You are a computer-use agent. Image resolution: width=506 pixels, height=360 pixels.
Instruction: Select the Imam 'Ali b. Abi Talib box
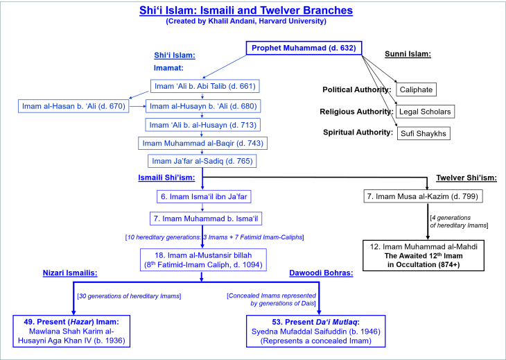pyautogui.click(x=202, y=87)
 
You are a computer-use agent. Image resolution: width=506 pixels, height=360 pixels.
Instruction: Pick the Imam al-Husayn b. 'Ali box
pyautogui.click(x=202, y=106)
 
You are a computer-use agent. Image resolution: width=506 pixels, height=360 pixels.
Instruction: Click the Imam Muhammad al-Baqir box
pyautogui.click(x=202, y=144)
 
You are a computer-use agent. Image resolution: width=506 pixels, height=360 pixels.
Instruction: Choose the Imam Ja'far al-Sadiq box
pyautogui.click(x=202, y=162)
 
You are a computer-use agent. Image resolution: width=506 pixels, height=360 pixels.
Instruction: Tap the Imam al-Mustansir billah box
pyautogui.click(x=202, y=259)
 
